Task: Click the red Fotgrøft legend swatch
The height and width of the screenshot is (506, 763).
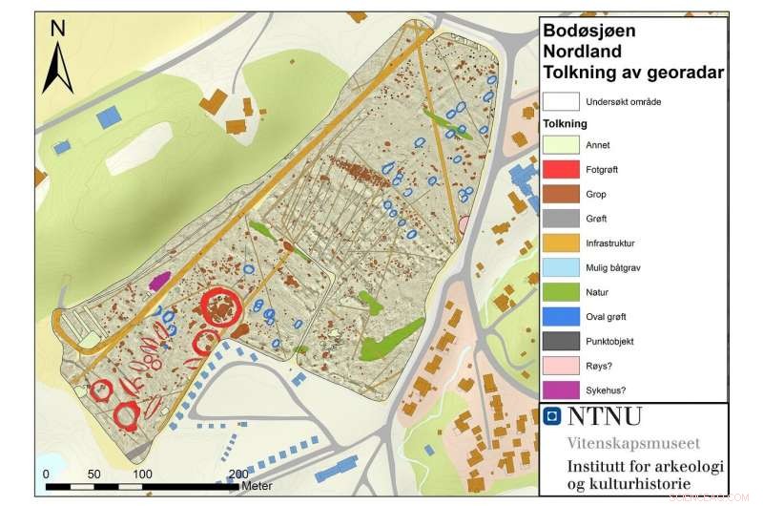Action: tap(562, 170)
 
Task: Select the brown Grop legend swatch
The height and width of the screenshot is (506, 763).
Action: tap(562, 195)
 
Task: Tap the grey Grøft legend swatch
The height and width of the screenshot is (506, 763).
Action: tap(562, 219)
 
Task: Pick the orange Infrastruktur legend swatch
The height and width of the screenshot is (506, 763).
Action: tap(562, 243)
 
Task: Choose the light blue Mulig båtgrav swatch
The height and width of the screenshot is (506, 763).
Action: tap(562, 268)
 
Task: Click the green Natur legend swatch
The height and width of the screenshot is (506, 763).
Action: tap(562, 292)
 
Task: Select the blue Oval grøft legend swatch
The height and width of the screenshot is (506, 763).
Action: tap(562, 317)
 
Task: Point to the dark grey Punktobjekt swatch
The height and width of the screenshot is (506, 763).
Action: tap(562, 341)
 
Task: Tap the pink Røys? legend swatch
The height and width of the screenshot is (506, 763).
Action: tap(562, 366)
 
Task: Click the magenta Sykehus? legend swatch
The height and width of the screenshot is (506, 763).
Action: tap(562, 390)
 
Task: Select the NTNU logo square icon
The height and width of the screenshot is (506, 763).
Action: tap(550, 416)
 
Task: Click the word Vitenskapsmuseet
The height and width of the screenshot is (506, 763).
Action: tap(630, 443)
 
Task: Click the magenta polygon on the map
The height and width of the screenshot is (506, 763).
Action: tap(159, 280)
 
